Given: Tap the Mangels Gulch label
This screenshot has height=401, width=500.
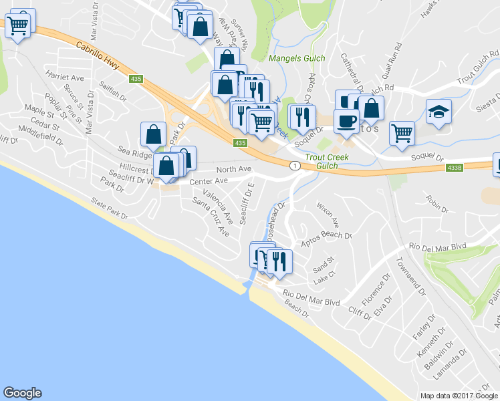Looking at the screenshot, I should pyautogui.click(x=297, y=58).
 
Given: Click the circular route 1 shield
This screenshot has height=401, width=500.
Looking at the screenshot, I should pyautogui.click(x=293, y=164).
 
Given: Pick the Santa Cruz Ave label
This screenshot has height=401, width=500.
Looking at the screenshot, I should pyautogui.click(x=211, y=217).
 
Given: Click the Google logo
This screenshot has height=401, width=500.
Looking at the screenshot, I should pyautogui.click(x=22, y=393).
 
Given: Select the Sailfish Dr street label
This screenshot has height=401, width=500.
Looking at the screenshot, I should pyautogui.click(x=113, y=91).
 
